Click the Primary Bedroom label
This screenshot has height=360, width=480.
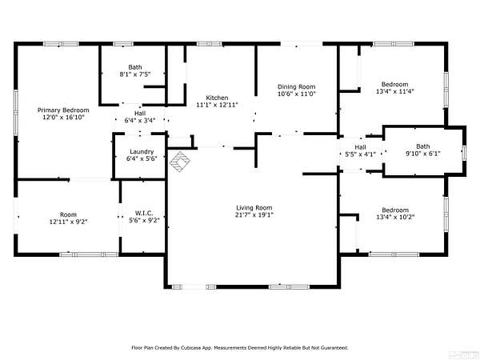(x=63, y=110)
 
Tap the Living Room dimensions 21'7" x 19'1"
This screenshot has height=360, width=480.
(x=254, y=215)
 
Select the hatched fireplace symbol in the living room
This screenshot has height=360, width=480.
(x=180, y=162)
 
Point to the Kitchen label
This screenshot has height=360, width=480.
(x=217, y=98)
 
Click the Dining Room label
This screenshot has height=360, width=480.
(x=296, y=87)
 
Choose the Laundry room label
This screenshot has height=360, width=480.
(x=142, y=152)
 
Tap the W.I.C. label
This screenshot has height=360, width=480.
(x=144, y=214)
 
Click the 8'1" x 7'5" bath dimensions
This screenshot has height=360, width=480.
(x=135, y=74)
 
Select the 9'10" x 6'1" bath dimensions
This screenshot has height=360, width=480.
(x=423, y=154)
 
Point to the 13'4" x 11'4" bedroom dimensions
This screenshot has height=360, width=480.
(x=395, y=91)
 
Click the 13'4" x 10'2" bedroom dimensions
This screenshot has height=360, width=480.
(x=395, y=217)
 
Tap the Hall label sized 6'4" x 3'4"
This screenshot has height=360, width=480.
(x=140, y=114)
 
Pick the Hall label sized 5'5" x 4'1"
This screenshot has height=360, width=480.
(x=360, y=147)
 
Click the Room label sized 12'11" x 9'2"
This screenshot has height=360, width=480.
(x=68, y=214)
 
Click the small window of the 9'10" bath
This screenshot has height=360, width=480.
(x=464, y=153)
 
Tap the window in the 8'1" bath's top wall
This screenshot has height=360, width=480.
(x=123, y=44)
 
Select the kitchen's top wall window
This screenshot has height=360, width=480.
(x=210, y=44)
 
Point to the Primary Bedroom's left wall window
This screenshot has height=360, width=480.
(x=16, y=112)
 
